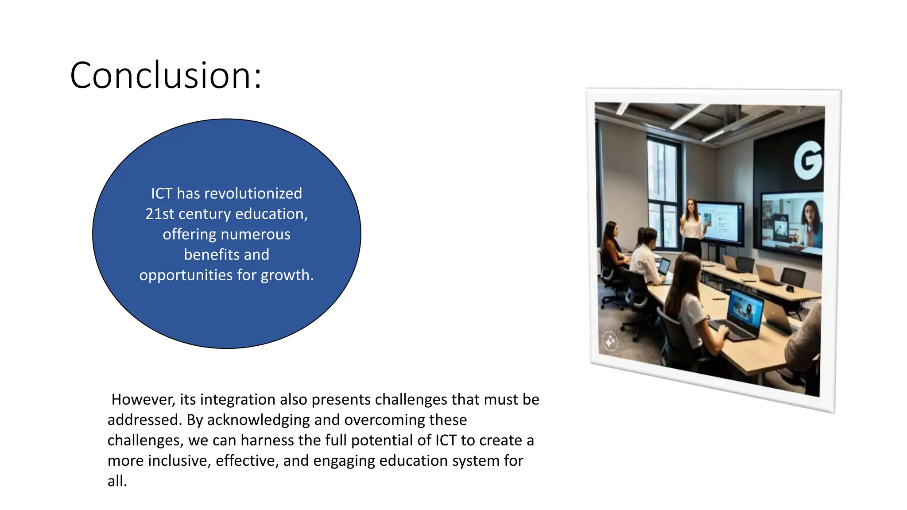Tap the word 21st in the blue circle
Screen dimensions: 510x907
tap(159, 214)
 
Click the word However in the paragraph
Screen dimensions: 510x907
tap(143, 399)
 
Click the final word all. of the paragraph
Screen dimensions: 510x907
tap(117, 481)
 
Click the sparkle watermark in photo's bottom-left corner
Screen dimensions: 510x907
tap(610, 341)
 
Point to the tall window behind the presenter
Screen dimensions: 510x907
tap(663, 190)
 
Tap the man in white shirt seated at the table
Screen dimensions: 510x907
tap(646, 257)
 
